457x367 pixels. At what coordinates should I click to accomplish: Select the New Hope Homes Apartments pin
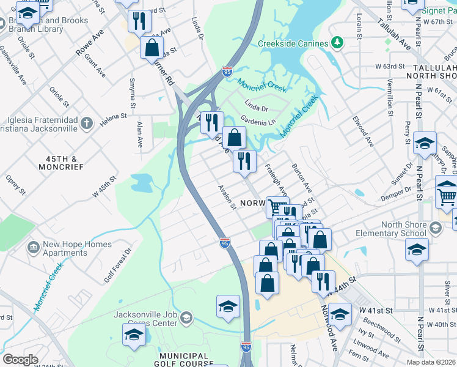point(32,248)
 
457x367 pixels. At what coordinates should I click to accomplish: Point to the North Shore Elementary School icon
point(435,228)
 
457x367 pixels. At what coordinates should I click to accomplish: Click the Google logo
point(20,359)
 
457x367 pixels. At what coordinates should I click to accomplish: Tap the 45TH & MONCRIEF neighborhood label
point(60,162)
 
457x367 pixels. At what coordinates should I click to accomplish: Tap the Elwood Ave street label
point(362,132)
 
